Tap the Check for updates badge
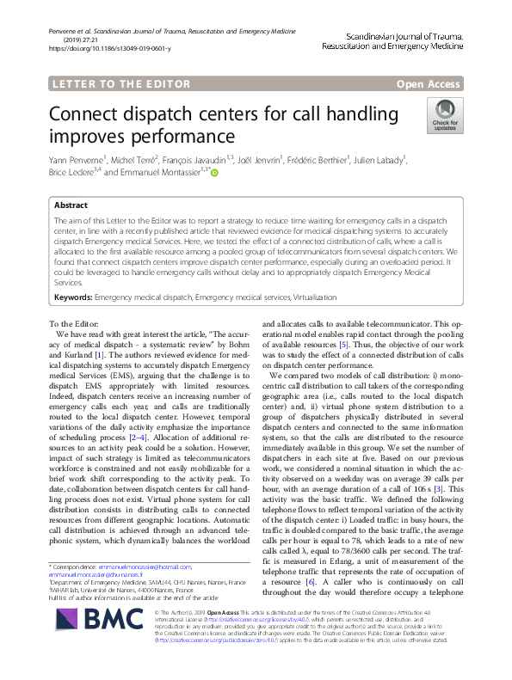pos(444,115)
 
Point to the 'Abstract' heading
pos(71,206)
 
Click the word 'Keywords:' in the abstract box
pos(73,296)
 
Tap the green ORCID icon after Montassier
pos(214,172)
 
